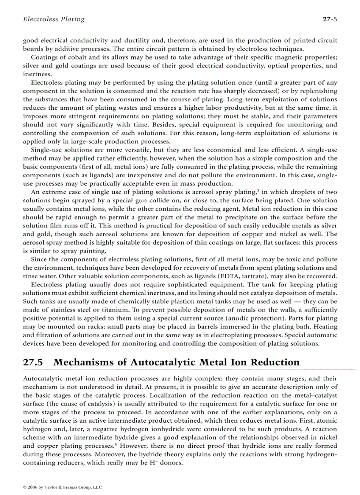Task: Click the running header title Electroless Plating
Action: point(53,19)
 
